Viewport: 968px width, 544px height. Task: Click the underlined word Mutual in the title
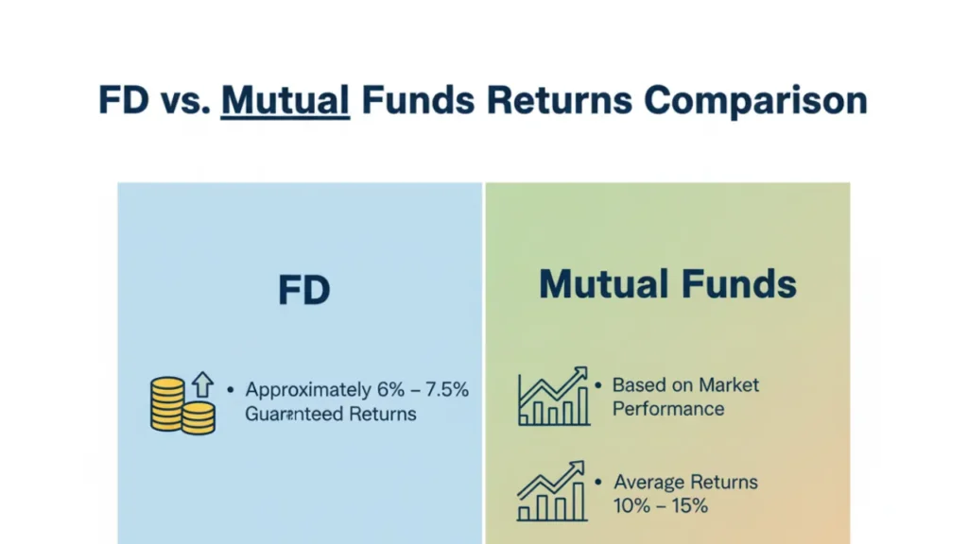[285, 100]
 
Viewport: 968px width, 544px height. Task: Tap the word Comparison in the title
[755, 100]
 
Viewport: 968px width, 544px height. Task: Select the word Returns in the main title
[560, 100]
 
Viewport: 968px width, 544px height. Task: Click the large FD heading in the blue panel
[304, 290]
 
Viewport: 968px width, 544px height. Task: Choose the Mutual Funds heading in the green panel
[668, 284]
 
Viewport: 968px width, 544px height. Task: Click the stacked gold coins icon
[182, 405]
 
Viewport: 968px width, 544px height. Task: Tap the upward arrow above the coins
[202, 384]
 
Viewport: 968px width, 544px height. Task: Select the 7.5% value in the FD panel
[447, 390]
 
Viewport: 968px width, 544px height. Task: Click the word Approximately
[308, 391]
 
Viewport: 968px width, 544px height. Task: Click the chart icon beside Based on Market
[553, 396]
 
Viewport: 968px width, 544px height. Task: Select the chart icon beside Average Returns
[552, 491]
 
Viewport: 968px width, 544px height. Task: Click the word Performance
[668, 409]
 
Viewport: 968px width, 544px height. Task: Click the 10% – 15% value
[661, 506]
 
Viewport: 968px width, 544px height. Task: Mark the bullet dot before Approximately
[231, 390]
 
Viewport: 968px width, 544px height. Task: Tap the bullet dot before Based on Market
[598, 385]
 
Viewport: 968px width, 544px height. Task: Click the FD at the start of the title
[124, 100]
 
